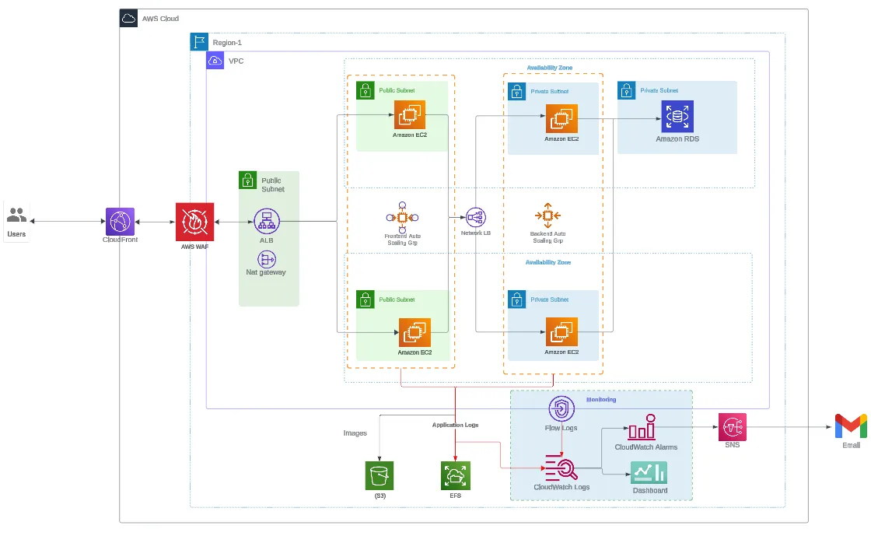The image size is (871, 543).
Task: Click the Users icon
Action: (16, 215)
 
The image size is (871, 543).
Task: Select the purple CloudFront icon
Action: (120, 222)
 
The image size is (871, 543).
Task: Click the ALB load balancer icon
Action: (267, 222)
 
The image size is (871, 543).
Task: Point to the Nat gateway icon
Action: (267, 258)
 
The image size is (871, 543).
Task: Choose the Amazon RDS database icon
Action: (677, 116)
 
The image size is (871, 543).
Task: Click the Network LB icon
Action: (476, 218)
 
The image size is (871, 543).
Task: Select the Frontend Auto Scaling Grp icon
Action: (402, 218)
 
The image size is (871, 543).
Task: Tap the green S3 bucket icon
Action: (380, 475)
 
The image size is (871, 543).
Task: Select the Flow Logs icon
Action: (561, 409)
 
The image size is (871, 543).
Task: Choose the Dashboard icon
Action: (649, 472)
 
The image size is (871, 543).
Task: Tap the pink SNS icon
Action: (732, 427)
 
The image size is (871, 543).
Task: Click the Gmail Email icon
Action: (851, 426)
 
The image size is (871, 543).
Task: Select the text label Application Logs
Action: (455, 425)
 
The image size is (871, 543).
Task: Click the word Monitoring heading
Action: (601, 399)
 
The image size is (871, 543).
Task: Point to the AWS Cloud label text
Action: (160, 18)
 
